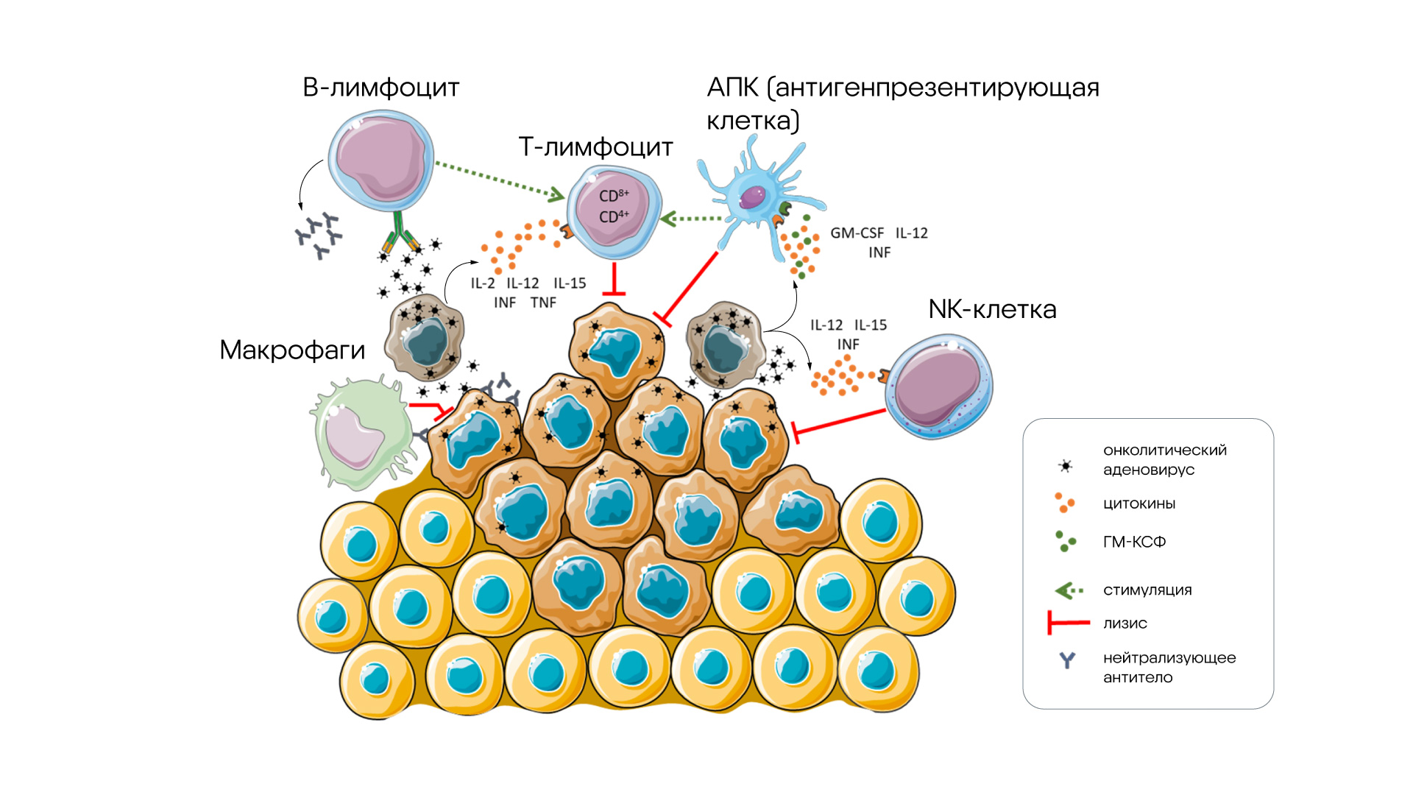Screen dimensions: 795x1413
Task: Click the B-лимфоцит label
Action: [380, 88]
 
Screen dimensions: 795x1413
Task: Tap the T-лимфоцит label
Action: [595, 147]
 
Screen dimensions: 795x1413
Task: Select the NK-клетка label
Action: [992, 309]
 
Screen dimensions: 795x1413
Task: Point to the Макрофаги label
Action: [292, 350]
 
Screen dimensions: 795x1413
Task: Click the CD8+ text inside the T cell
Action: [613, 195]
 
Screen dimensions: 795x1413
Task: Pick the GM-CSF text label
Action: [857, 233]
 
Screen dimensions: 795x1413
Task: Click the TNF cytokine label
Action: [543, 303]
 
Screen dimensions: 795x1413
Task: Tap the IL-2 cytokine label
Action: [483, 283]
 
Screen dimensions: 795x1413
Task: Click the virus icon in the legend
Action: [1065, 466]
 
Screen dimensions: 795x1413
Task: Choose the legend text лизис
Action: [1125, 623]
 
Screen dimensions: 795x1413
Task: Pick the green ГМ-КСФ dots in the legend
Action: [1065, 542]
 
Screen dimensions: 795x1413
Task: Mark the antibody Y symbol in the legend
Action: [1067, 660]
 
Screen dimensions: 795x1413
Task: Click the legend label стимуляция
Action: [1147, 590]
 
